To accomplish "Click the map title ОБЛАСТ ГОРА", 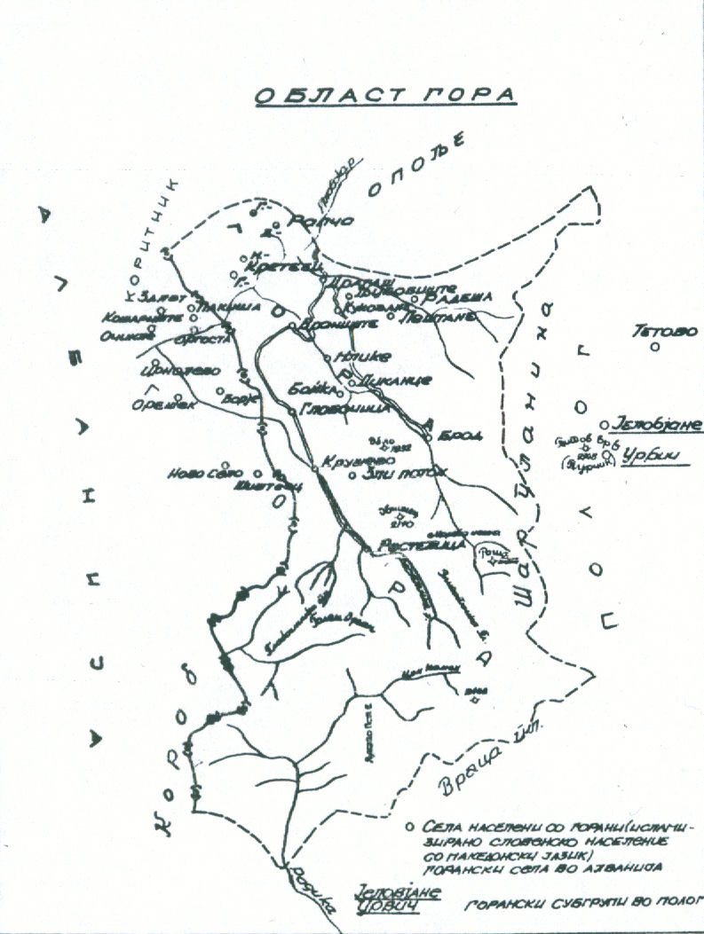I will [x=384, y=96].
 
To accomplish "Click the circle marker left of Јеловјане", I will [x=604, y=425].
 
